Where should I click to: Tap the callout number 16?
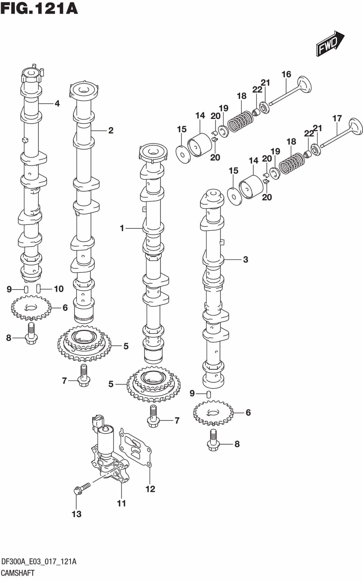pos(286,74)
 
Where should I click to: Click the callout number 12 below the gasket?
pos(150,489)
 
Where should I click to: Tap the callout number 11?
pos(121,503)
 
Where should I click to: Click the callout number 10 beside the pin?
pos(59,289)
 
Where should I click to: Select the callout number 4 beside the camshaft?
pos(57,104)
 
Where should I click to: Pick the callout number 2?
pos(110,130)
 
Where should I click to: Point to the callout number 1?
pos(122,228)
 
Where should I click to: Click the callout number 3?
pos(245,259)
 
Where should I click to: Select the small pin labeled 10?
pos(38,288)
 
